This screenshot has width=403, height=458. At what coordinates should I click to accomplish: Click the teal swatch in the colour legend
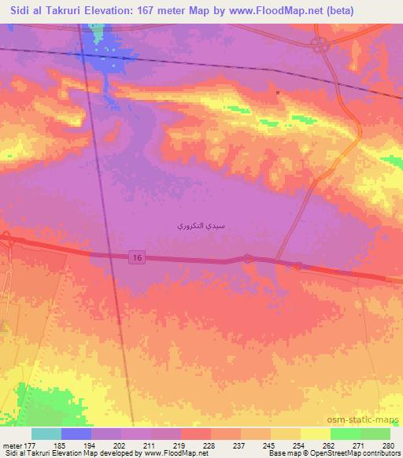pyautogui.click(x=46, y=434)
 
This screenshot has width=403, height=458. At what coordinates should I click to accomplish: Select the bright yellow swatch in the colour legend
pyautogui.click(x=316, y=434)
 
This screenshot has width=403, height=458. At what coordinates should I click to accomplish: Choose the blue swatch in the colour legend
pyautogui.click(x=76, y=434)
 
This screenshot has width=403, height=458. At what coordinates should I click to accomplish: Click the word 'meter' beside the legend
pyautogui.click(x=14, y=445)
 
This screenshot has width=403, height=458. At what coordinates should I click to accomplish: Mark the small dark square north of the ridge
pyautogui.click(x=278, y=93)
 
